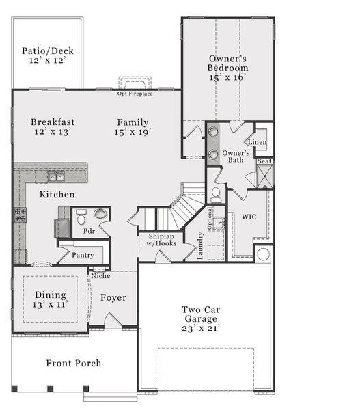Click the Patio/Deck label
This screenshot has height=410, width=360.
tap(47, 55)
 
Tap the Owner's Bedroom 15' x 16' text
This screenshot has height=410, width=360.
tap(228, 68)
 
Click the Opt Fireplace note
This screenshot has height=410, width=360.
tap(135, 93)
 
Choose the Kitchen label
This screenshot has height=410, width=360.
tap(57, 195)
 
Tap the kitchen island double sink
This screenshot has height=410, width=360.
tap(56, 177)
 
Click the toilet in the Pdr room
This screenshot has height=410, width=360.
tap(81, 219)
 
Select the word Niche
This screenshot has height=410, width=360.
tap(100, 275)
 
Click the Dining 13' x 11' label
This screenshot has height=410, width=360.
tap(51, 300)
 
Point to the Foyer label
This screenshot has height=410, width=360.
tap(113, 297)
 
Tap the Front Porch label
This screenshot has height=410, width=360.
tap(73, 363)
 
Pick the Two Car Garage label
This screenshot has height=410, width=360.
tap(200, 318)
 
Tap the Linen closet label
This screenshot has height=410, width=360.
tap(258, 142)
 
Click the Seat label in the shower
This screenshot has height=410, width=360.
tap(264, 161)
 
